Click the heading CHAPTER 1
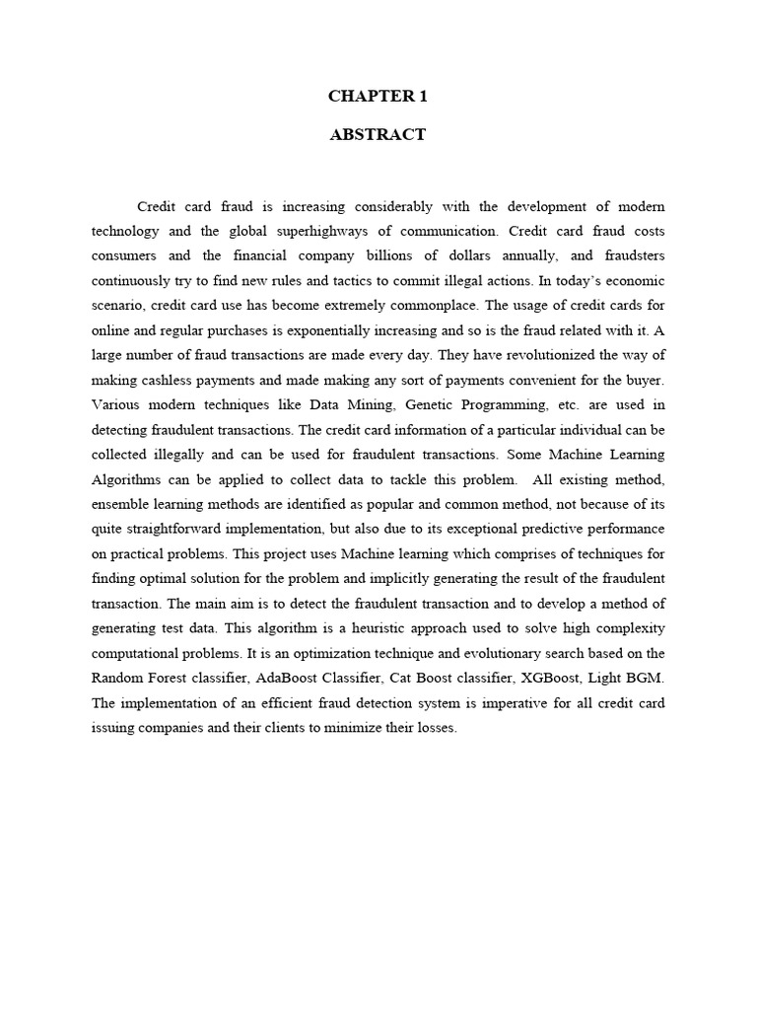[378, 97]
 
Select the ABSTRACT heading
[378, 135]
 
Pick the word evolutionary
[503, 651]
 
